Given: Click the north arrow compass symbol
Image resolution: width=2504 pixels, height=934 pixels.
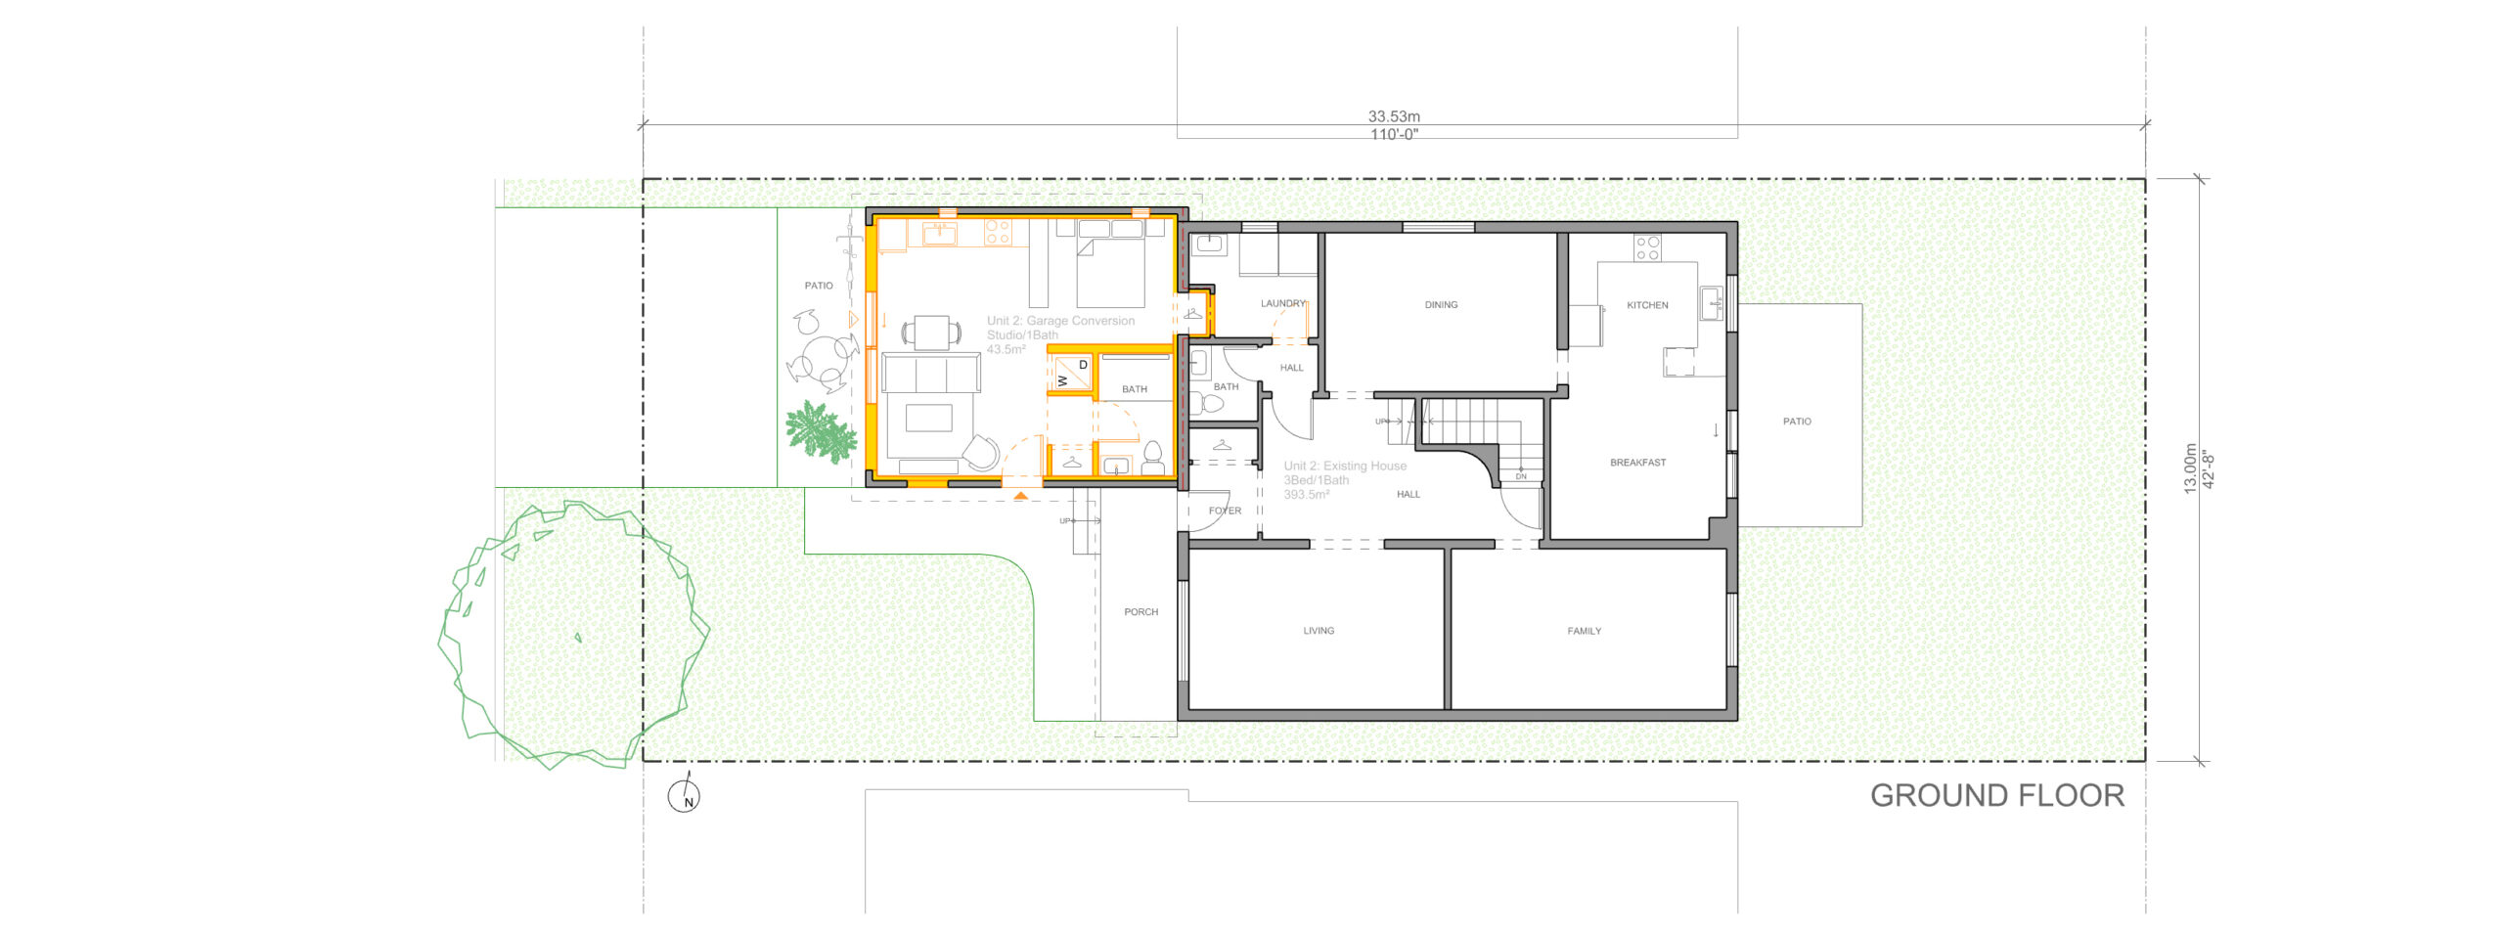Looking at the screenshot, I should coord(684,795).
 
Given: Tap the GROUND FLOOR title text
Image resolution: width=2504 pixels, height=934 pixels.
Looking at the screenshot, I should coord(1996,796).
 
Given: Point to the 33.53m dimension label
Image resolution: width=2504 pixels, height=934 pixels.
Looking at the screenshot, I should coord(1394,116).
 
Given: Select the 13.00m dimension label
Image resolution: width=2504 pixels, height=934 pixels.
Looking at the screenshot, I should coord(2190,468).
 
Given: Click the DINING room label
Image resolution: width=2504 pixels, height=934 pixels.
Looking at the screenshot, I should coord(1441,305).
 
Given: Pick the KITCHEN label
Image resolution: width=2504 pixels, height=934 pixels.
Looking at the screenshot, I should coord(1647,305).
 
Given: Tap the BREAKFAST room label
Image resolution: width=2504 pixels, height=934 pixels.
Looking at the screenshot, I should coord(1637,463).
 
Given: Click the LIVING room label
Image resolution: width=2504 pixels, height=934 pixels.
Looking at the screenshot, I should coord(1319,631).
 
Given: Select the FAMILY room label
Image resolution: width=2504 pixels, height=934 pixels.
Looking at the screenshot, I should coord(1584,631).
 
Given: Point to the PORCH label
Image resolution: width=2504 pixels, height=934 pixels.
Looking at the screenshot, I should coord(1140,612).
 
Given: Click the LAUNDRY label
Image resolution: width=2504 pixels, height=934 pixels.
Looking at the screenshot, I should coord(1282,303).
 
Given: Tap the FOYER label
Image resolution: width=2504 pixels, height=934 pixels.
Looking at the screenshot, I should coord(1225,511).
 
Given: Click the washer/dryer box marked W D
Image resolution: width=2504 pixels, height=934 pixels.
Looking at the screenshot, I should coord(1072,373).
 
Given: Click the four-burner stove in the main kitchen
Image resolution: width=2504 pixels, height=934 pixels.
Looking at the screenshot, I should coord(1647,247).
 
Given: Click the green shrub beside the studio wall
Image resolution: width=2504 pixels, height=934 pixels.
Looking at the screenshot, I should coord(820,431).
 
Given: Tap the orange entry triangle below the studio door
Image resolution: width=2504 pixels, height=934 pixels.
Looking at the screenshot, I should coord(1020,496).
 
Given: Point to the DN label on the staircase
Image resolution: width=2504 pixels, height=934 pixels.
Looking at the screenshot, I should coord(1521,476).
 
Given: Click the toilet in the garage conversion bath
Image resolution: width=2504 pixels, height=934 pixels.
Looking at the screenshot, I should coord(1152,455).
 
